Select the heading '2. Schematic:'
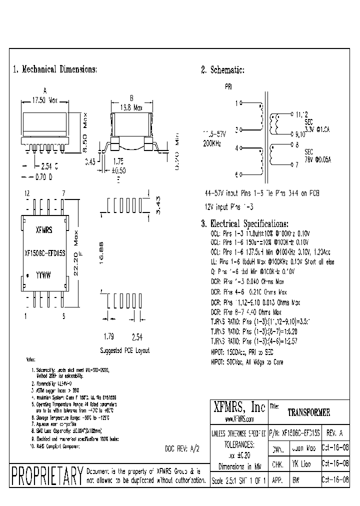[222, 70]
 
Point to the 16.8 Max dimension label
[131, 107]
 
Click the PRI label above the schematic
[228, 86]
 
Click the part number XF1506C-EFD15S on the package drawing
[45, 252]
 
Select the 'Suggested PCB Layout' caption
[124, 350]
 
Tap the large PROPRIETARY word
[46, 475]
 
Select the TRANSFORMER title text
[308, 413]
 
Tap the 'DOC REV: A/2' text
[182, 448]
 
